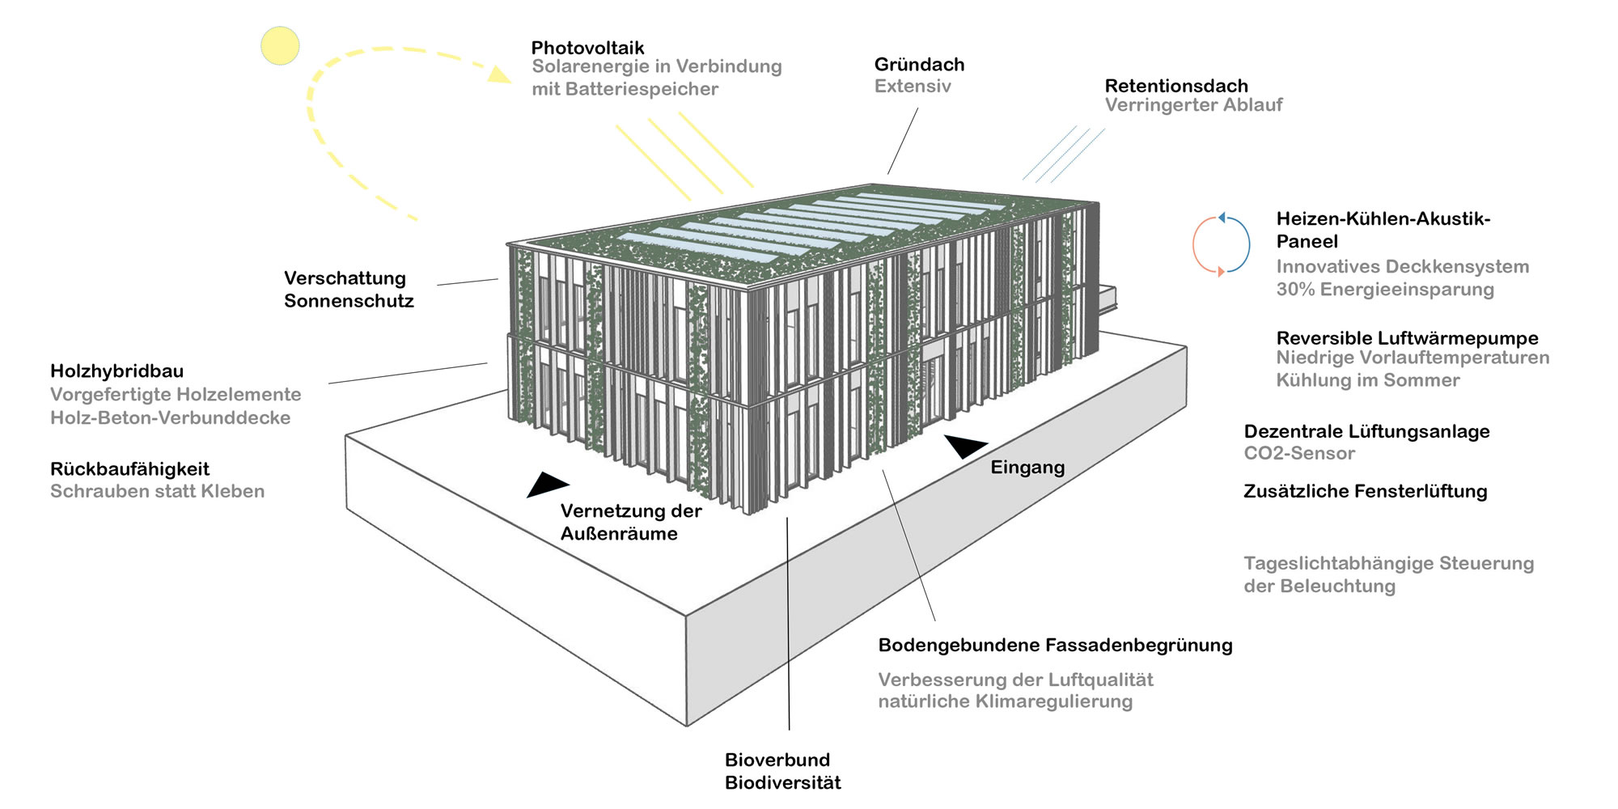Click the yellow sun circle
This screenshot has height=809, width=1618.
[x=280, y=45]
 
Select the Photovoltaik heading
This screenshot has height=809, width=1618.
[x=587, y=48]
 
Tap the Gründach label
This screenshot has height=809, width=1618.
[x=919, y=65]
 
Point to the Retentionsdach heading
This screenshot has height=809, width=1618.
[x=1175, y=86]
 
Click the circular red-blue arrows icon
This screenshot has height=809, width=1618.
[x=1221, y=244]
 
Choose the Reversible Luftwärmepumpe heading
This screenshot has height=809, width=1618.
[x=1407, y=338]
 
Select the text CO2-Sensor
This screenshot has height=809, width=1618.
[x=1298, y=453]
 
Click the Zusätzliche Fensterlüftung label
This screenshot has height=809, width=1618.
[x=1365, y=491]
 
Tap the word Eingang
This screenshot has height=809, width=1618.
[x=1027, y=467]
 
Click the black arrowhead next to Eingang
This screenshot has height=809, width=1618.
[x=964, y=446]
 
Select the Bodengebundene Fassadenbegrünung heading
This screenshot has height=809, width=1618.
[x=1055, y=645]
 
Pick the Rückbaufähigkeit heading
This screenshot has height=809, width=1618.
[x=129, y=469]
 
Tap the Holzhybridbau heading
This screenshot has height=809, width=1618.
[x=116, y=371]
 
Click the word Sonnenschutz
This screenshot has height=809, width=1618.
[x=349, y=301]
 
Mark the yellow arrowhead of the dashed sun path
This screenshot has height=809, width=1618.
[x=499, y=75]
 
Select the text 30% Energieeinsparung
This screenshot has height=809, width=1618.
[x=1384, y=289]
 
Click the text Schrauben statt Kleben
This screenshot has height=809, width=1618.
[x=157, y=491]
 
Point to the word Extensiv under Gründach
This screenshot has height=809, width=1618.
[x=912, y=86]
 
